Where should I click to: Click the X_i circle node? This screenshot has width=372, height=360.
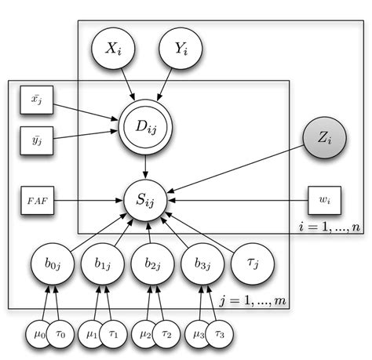[x=113, y=49]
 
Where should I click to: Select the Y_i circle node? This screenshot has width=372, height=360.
[x=181, y=49]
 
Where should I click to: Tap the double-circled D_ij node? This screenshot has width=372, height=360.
[x=145, y=127]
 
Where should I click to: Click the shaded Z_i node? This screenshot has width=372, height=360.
[x=325, y=137]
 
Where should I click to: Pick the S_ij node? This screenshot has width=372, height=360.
[x=145, y=200]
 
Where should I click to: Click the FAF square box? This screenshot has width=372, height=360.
[x=38, y=201]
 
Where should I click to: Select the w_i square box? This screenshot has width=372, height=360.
[x=325, y=201]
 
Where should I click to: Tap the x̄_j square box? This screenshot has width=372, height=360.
[x=37, y=100]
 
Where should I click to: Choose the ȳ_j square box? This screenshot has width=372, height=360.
[x=37, y=140]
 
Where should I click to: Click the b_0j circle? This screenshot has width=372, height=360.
[x=53, y=264]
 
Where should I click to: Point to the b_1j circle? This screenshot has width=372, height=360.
[x=103, y=264]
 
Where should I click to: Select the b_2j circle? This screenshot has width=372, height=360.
[x=152, y=264]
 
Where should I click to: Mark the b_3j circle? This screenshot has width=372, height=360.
[x=202, y=264]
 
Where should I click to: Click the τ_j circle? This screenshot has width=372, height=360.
[x=253, y=264]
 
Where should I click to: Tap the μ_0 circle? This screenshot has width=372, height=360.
[x=38, y=334]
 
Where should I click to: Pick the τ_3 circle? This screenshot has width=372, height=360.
[x=219, y=334]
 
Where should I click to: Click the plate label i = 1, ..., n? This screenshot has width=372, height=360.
[x=330, y=227]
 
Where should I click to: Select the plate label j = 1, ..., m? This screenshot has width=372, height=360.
[x=253, y=300]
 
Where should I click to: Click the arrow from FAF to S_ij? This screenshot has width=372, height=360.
[x=89, y=201]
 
